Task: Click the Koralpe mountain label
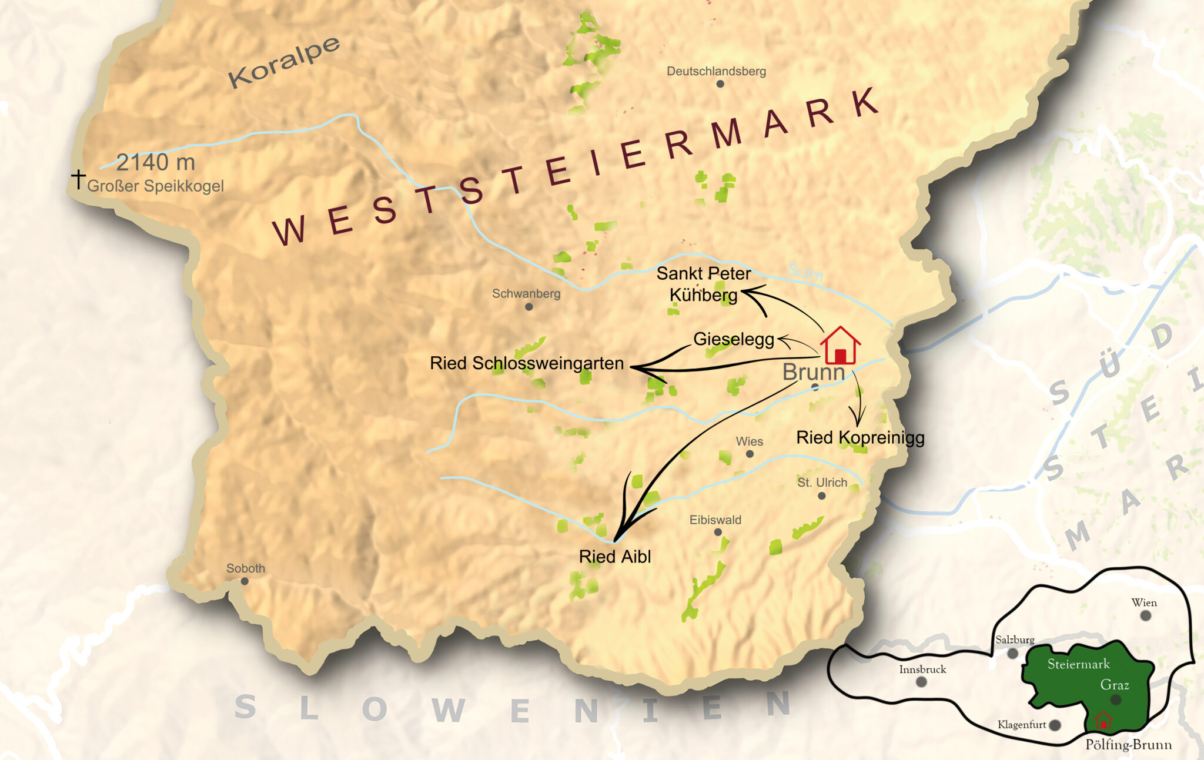click(284, 62)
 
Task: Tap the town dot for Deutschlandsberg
click(720, 84)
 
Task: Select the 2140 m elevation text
click(156, 162)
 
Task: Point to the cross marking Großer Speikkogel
click(78, 178)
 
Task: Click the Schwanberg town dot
click(529, 307)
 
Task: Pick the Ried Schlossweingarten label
click(527, 363)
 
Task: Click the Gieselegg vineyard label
click(734, 339)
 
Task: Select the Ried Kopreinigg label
click(860, 438)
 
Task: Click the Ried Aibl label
click(615, 557)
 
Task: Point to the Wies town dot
click(750, 454)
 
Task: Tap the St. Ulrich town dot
click(822, 496)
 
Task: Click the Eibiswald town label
click(715, 520)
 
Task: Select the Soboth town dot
click(245, 581)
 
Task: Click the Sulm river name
click(805, 272)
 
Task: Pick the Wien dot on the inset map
click(1146, 615)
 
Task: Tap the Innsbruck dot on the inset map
click(921, 682)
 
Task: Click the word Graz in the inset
click(1115, 685)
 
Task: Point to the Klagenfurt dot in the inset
click(1055, 725)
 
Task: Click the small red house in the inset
click(1103, 720)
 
